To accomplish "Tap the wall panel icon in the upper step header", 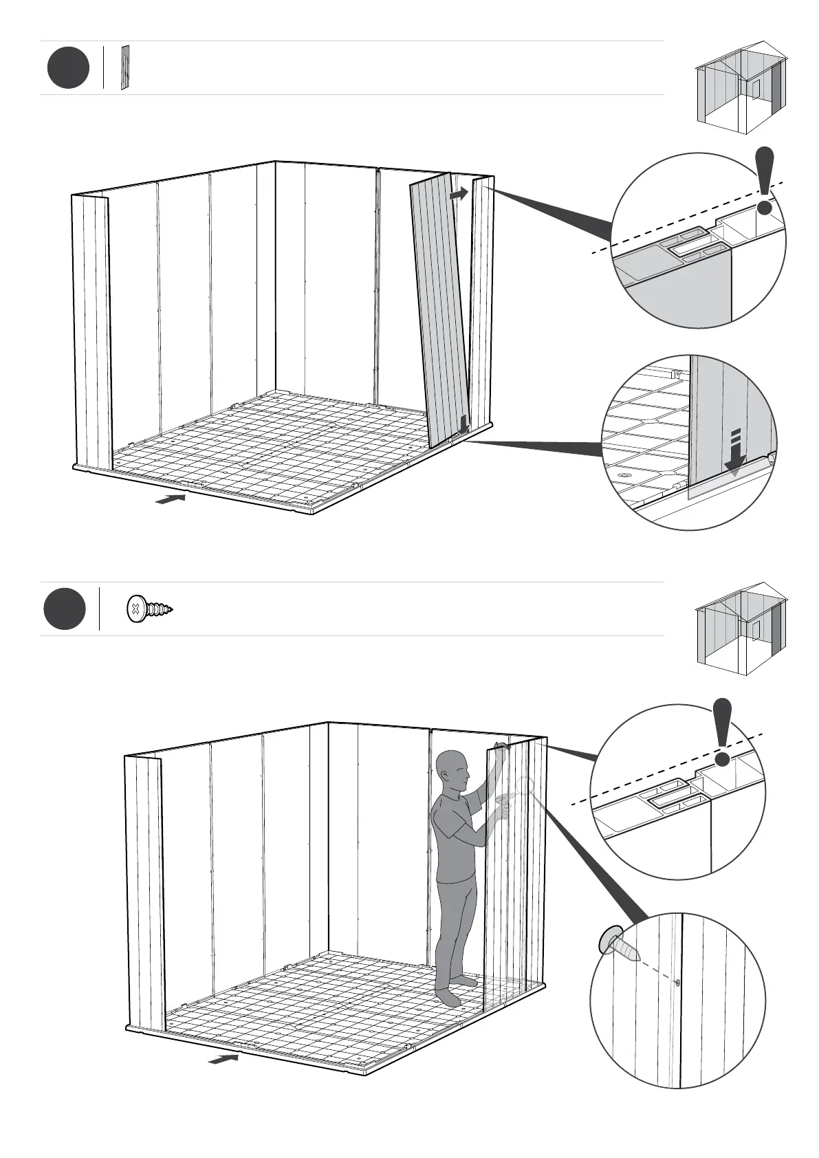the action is pyautogui.click(x=124, y=67).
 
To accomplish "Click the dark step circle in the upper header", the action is pyautogui.click(x=68, y=67).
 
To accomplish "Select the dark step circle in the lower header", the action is pyautogui.click(x=65, y=609).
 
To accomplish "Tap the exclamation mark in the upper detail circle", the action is pyautogui.click(x=765, y=180).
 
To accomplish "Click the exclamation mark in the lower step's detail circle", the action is pyautogui.click(x=722, y=732).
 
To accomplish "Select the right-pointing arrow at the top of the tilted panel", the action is pyautogui.click(x=458, y=195).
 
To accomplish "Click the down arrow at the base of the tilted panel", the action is pyautogui.click(x=464, y=424).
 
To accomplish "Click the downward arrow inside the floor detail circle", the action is pyautogui.click(x=734, y=454).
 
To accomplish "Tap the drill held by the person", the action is pyautogui.click(x=506, y=800).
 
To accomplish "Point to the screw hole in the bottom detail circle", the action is pyautogui.click(x=677, y=983).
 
